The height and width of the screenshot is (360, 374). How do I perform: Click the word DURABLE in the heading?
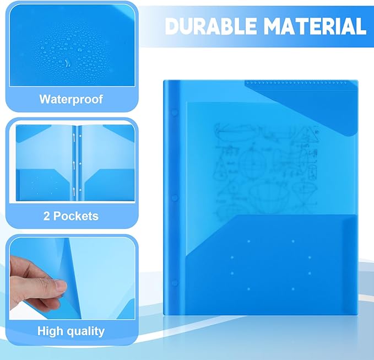(208, 26)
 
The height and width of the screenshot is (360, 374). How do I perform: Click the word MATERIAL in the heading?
(312, 26)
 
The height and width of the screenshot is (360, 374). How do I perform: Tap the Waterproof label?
(71, 99)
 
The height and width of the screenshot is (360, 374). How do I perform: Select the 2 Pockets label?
(71, 216)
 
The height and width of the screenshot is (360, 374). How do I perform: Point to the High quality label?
(71, 331)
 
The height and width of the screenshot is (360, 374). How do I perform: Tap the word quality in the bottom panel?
(86, 331)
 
